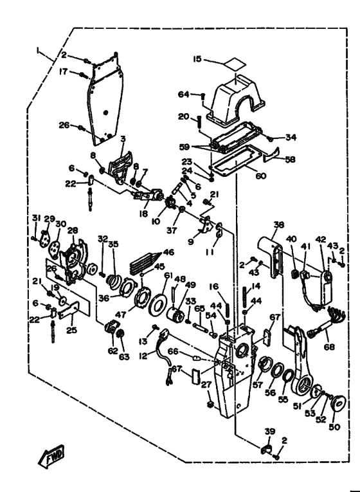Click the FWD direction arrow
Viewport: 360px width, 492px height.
click(x=51, y=456)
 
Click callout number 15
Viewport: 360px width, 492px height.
click(x=197, y=59)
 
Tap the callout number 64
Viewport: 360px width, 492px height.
click(x=184, y=94)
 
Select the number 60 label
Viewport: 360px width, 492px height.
click(x=260, y=176)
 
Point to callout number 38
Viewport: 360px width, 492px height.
click(x=279, y=224)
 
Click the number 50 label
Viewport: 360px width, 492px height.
click(x=334, y=427)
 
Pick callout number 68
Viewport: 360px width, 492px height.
click(x=329, y=347)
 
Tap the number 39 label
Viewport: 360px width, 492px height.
click(x=270, y=431)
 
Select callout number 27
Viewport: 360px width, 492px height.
click(x=206, y=385)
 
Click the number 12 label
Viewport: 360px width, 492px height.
click(x=143, y=356)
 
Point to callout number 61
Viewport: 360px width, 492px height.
click(x=168, y=275)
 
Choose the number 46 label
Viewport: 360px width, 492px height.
click(x=168, y=252)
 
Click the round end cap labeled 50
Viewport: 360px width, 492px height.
click(x=337, y=404)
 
